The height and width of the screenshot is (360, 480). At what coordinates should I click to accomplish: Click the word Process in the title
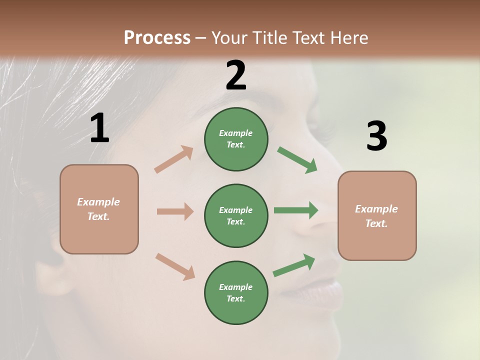click(157, 38)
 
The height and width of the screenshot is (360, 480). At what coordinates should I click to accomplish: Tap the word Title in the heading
click(270, 38)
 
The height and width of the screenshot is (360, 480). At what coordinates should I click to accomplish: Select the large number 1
click(99, 128)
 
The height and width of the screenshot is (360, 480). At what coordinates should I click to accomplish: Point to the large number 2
click(236, 75)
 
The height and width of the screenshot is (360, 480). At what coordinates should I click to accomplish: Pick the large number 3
click(376, 136)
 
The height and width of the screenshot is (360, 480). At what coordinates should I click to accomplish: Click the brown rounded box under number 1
click(99, 209)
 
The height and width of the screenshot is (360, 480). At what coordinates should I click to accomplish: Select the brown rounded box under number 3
click(377, 216)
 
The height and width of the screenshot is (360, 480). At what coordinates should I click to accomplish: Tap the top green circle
click(236, 139)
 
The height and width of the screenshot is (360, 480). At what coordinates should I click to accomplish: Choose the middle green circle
click(236, 215)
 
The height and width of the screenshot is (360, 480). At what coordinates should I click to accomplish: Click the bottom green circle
click(236, 292)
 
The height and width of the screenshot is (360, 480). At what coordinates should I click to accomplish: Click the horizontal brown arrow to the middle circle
click(175, 211)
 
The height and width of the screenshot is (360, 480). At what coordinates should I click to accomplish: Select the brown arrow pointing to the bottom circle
click(175, 266)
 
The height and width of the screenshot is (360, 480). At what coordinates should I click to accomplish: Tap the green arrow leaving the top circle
click(297, 159)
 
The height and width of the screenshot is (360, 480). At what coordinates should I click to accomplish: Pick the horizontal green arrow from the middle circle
click(296, 210)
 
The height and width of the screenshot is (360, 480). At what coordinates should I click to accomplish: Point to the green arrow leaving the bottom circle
click(294, 265)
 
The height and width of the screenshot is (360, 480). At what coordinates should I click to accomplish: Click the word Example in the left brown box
click(98, 202)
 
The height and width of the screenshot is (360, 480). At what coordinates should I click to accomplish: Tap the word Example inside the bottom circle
click(235, 287)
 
